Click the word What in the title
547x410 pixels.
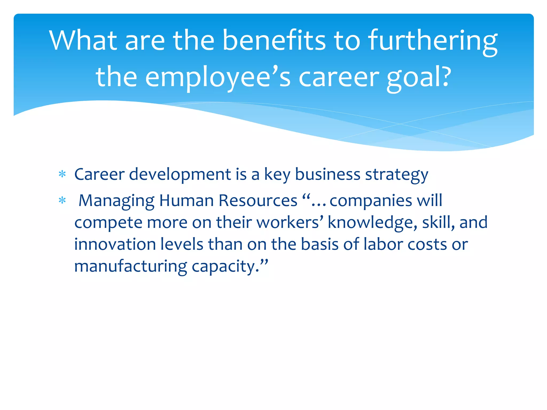[83, 40]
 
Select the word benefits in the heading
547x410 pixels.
[274, 40]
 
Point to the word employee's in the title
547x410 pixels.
[217, 77]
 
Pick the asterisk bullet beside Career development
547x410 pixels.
[62, 175]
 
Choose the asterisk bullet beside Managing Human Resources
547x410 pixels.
[62, 200]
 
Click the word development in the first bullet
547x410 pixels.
[180, 175]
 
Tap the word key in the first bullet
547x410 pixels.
[277, 175]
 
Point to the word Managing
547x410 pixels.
[116, 201]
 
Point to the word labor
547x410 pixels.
[383, 244]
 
